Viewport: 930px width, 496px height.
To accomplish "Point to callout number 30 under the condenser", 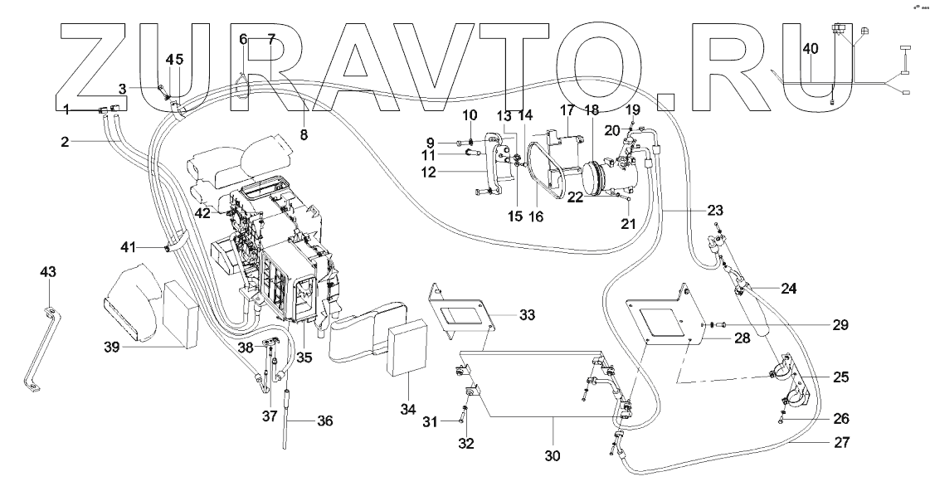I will click(552, 455).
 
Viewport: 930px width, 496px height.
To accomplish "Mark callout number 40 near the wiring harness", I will click(811, 49).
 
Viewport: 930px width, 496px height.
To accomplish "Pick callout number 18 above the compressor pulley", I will click(591, 110).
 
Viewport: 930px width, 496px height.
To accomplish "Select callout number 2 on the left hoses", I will click(63, 142).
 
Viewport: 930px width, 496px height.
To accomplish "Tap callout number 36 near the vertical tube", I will click(325, 420).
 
